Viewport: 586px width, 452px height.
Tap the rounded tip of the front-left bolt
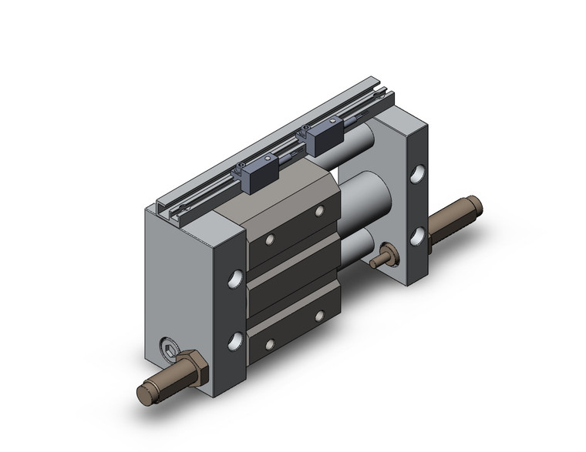[x=144, y=393]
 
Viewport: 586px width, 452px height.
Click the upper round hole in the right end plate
[x=417, y=175]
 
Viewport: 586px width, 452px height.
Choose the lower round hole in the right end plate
[x=418, y=236]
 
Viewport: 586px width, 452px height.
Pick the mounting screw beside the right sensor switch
[x=307, y=128]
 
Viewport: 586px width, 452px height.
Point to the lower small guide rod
[x=356, y=248]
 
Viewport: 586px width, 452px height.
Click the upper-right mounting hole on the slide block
[x=318, y=210]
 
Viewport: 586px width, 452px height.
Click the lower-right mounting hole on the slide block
[x=318, y=316]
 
